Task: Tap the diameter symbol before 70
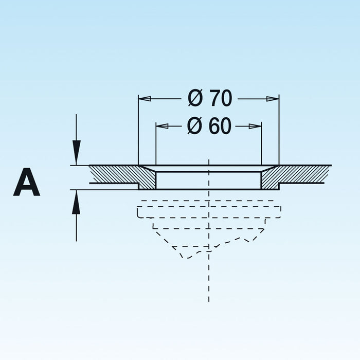(195, 98)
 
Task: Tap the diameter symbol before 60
(195, 125)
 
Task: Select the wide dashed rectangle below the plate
(209, 212)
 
